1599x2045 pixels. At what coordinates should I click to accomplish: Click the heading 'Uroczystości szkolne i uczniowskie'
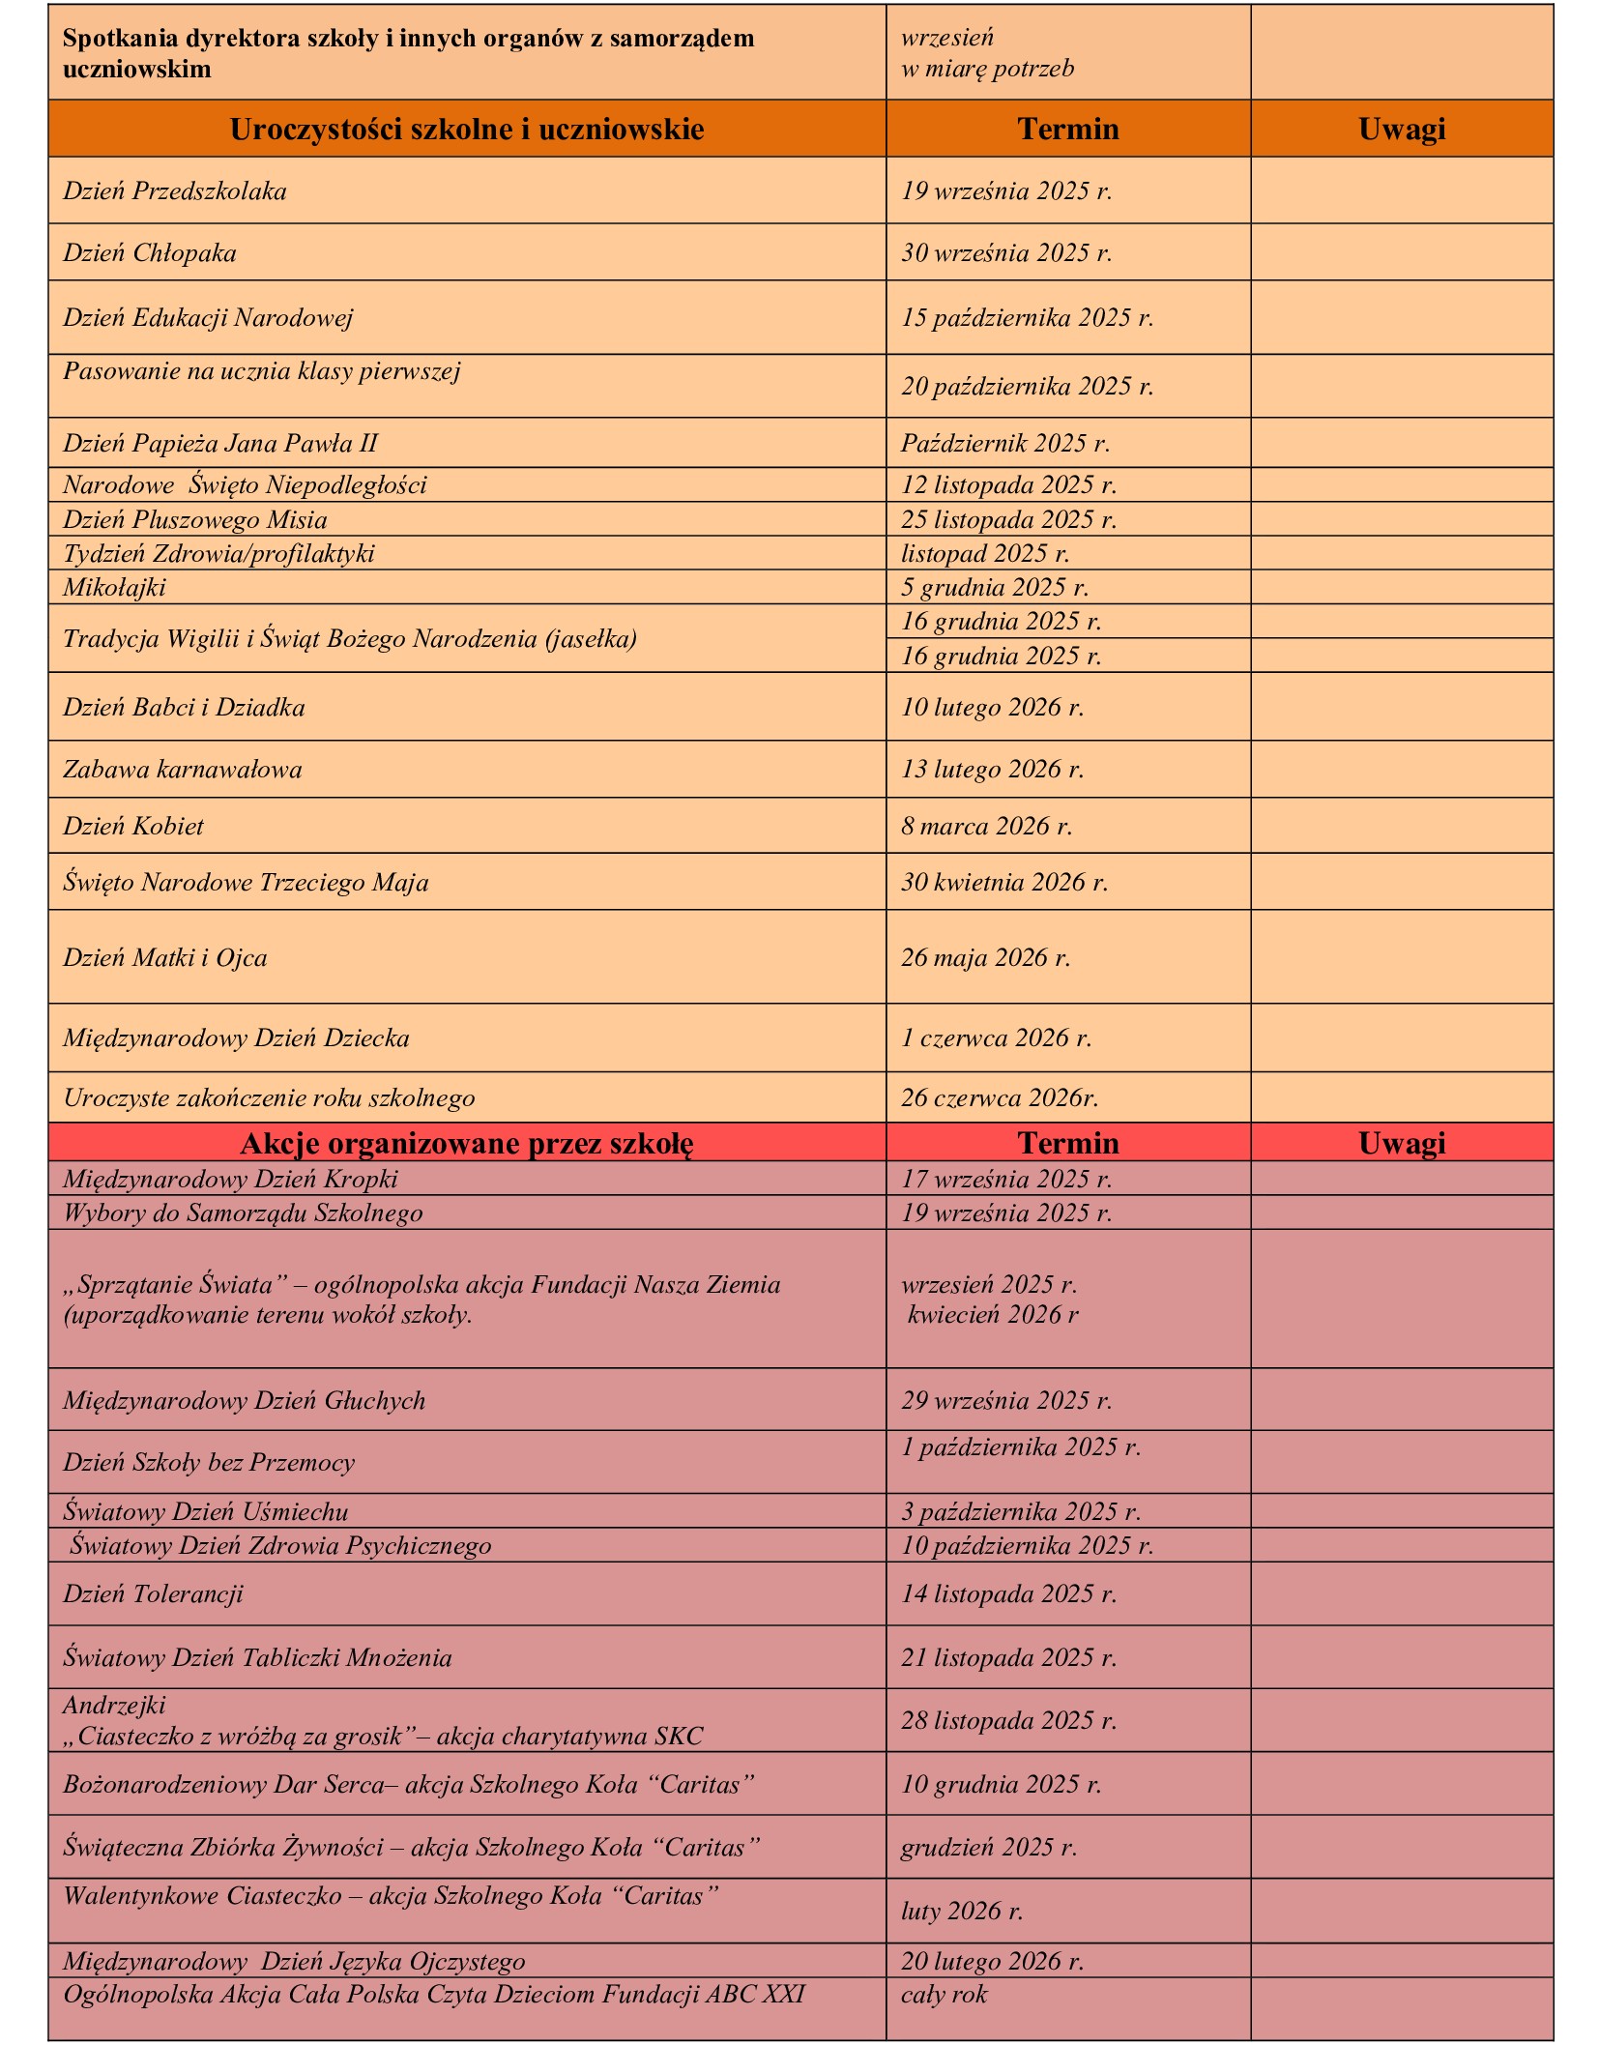(466, 130)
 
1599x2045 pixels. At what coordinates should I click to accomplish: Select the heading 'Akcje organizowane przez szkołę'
(466, 1143)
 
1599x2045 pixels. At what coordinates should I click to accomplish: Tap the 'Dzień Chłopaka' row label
(150, 253)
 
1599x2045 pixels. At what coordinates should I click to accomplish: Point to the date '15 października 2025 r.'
(1027, 318)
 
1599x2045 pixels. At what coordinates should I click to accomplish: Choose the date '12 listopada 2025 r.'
(1008, 484)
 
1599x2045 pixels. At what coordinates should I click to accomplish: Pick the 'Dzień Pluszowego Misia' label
(195, 519)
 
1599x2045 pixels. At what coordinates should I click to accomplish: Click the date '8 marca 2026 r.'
(986, 826)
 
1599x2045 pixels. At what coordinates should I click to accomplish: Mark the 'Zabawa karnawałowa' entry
(183, 770)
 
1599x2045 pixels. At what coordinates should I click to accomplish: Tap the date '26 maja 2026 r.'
(985, 957)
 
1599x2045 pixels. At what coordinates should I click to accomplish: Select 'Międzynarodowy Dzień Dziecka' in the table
(236, 1038)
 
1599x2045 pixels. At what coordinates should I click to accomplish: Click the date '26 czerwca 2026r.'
(1000, 1098)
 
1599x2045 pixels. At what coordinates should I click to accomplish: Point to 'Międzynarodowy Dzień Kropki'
(230, 1179)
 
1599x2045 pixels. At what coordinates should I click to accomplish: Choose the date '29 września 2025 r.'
(1006, 1400)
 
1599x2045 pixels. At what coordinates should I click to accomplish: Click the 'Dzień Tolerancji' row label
(153, 1593)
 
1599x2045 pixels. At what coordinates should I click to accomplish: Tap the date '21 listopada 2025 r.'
(1008, 1657)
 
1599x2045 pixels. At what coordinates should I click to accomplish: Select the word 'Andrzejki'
(114, 1705)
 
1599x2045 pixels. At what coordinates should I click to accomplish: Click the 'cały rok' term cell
(944, 1994)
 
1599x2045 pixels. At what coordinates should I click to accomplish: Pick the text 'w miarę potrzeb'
(987, 69)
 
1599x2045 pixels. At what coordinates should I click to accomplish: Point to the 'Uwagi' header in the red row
(1401, 1143)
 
